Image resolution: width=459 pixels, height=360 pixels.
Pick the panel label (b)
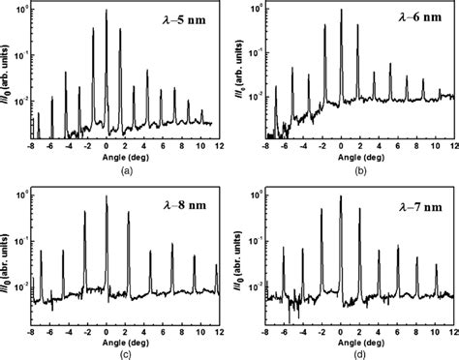pos(354,168)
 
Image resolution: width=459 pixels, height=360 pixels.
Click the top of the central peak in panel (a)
pos(107,8)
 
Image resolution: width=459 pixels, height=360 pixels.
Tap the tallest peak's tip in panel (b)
pos(341,8)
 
